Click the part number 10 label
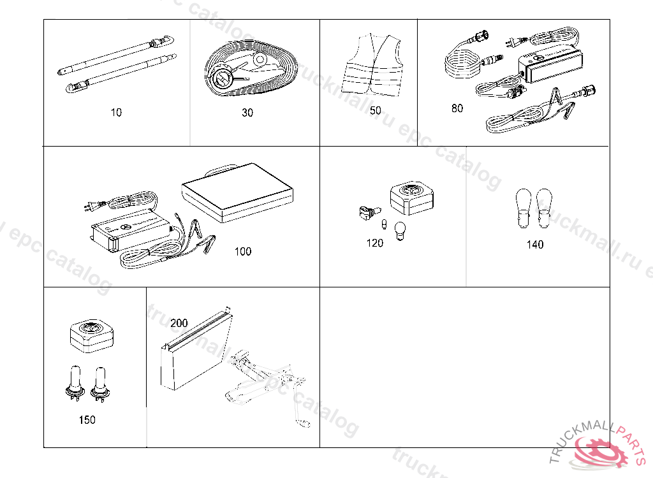pyautogui.click(x=115, y=113)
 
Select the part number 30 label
pyautogui.click(x=247, y=113)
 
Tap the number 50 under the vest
pyautogui.click(x=376, y=111)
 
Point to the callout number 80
pyautogui.click(x=457, y=108)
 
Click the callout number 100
pyautogui.click(x=242, y=251)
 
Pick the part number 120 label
pyautogui.click(x=375, y=243)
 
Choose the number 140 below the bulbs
pyautogui.click(x=535, y=245)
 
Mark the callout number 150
pyautogui.click(x=87, y=420)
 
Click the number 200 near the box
pyautogui.click(x=179, y=323)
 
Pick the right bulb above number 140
pyautogui.click(x=545, y=208)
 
